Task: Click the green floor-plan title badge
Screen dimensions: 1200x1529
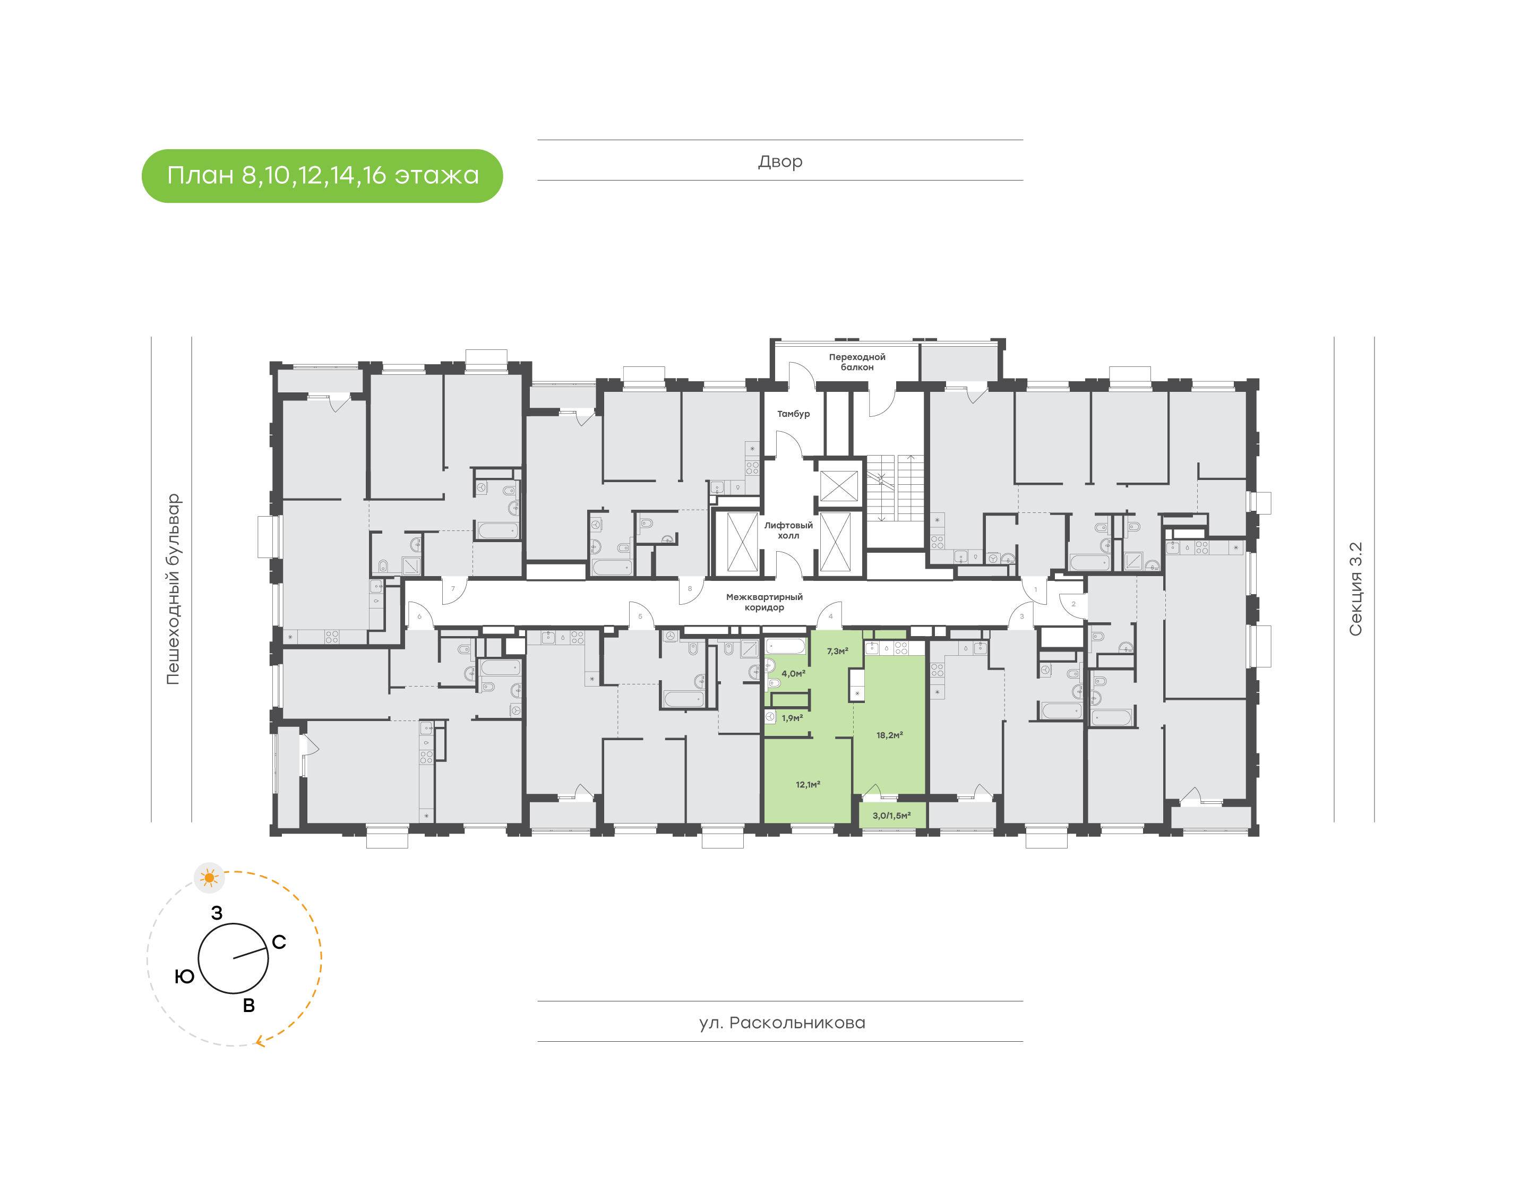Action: coord(322,176)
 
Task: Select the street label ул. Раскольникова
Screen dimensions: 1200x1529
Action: coord(781,1022)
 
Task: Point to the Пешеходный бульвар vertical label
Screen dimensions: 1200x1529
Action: coord(173,589)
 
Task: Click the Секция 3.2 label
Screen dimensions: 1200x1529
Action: coord(1355,589)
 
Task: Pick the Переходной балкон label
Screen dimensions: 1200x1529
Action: coord(856,362)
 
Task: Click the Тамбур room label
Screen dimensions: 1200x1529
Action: coord(793,414)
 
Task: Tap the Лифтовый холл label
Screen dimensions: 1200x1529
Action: coord(788,530)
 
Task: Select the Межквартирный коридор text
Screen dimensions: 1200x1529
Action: coord(764,602)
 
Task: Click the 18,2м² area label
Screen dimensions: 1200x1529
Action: coord(889,735)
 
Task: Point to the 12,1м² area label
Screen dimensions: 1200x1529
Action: coord(808,784)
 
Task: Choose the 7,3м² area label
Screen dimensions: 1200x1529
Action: coord(837,652)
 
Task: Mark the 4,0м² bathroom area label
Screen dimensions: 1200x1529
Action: coord(793,673)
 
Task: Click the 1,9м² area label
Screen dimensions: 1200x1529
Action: coord(792,718)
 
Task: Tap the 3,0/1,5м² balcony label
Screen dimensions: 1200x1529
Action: coord(891,816)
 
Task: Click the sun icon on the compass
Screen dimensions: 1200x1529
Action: coord(209,878)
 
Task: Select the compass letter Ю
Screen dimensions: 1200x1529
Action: coord(184,976)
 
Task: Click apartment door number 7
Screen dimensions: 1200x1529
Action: coord(453,589)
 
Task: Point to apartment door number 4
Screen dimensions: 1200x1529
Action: coord(830,616)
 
